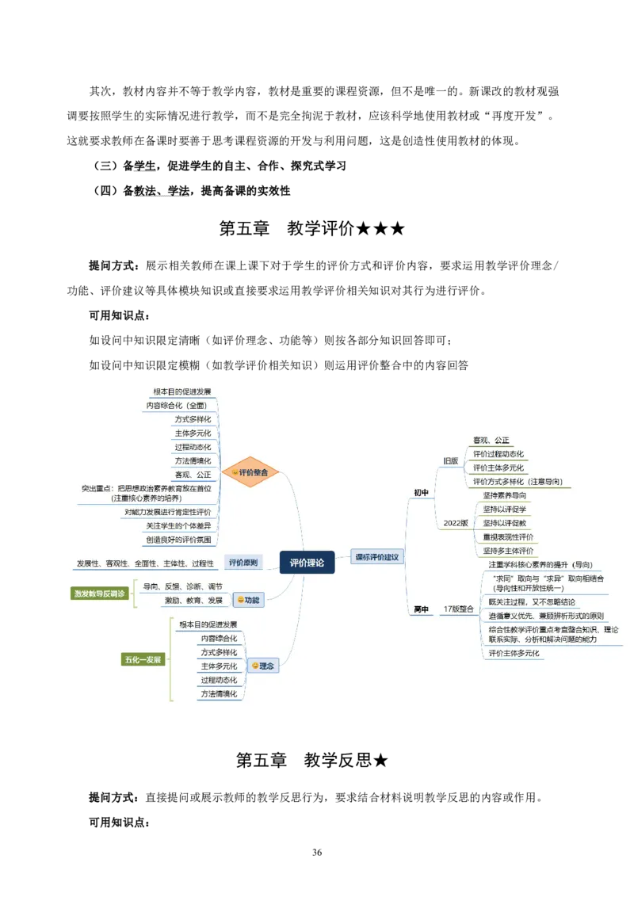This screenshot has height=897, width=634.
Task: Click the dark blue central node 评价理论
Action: [x=307, y=563]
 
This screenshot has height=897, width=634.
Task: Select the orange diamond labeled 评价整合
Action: [x=250, y=472]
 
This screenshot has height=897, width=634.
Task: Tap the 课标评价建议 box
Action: [x=377, y=557]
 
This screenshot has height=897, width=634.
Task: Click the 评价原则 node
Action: [x=243, y=563]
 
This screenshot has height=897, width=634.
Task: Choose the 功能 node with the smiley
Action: [x=248, y=600]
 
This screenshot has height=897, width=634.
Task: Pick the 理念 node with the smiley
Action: [x=262, y=666]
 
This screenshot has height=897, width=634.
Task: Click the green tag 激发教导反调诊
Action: [x=99, y=594]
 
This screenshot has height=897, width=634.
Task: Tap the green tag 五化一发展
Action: [x=143, y=659]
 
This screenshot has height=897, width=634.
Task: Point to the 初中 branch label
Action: [x=421, y=493]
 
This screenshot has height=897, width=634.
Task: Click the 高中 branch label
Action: [x=421, y=609]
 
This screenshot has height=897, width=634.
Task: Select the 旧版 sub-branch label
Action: [x=450, y=460]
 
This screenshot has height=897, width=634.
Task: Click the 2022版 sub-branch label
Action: [x=456, y=523]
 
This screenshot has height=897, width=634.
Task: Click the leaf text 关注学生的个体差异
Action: [x=178, y=525]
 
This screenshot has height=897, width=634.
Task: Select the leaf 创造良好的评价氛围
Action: [x=178, y=540]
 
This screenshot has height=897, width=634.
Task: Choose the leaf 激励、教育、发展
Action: [x=193, y=601]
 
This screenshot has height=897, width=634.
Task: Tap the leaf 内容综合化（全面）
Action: [x=176, y=406]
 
